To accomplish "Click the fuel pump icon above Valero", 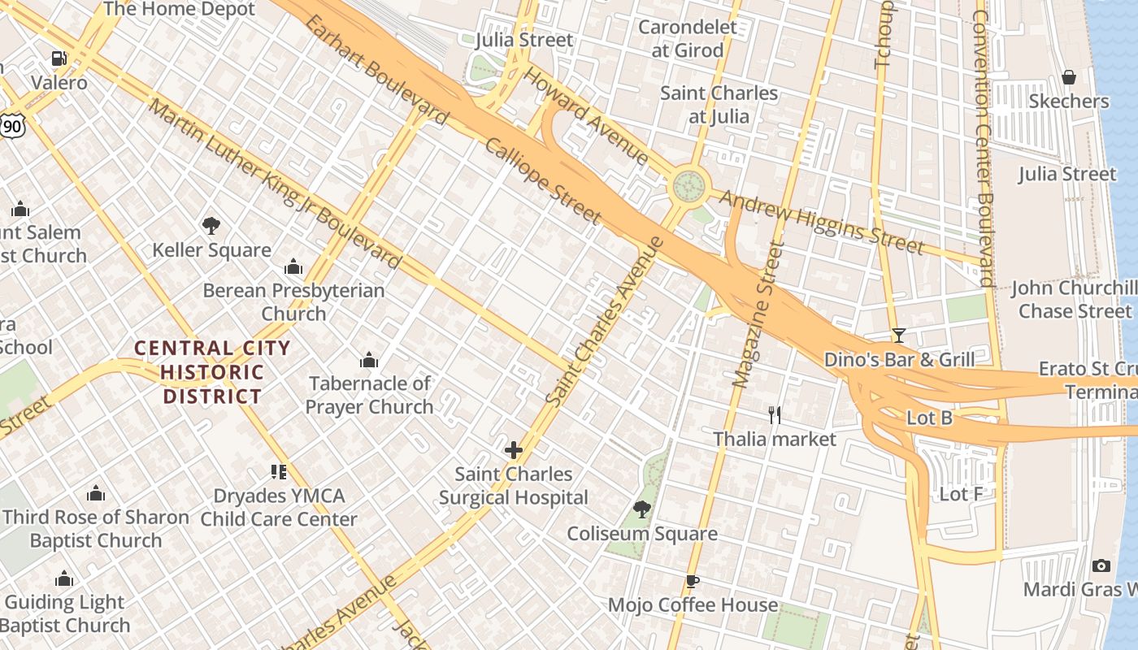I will pyautogui.click(x=59, y=58).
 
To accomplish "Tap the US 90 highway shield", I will pyautogui.click(x=12, y=124).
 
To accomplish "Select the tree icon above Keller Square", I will pyautogui.click(x=211, y=225).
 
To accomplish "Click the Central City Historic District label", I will pyautogui.click(x=212, y=372).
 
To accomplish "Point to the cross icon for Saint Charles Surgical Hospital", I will pyautogui.click(x=513, y=449).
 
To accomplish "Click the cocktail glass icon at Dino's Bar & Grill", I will pyautogui.click(x=898, y=335).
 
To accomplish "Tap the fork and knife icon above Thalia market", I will pyautogui.click(x=775, y=415).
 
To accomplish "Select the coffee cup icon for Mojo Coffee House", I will pyautogui.click(x=692, y=581).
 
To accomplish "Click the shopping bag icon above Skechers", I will pyautogui.click(x=1069, y=77).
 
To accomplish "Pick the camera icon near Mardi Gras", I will pyautogui.click(x=1101, y=565).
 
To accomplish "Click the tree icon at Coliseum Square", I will pyautogui.click(x=641, y=509).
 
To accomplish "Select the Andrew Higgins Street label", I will pyautogui.click(x=821, y=222).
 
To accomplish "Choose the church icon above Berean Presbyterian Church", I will pyautogui.click(x=293, y=266).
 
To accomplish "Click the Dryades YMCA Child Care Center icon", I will pyautogui.click(x=279, y=472).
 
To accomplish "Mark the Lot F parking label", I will pyautogui.click(x=961, y=494).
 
